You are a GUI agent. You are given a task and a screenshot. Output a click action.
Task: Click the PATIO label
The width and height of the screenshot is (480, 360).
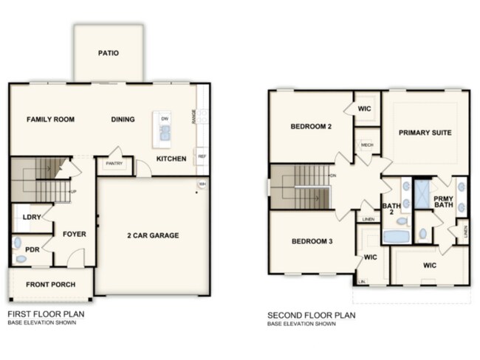pos(109,53)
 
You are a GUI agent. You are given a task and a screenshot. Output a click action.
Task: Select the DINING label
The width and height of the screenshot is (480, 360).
pos(123,120)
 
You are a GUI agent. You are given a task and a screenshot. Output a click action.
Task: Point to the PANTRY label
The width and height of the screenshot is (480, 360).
pos(114,164)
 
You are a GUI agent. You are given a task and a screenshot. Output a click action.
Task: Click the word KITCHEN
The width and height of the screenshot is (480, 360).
pos(171,159)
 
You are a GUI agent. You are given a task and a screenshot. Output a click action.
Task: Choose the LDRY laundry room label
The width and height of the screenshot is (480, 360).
pos(32,218)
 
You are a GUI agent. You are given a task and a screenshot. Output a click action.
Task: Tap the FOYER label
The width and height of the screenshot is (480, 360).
pos(74,235)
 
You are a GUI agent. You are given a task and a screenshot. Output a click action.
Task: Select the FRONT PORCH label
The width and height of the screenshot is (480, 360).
pos(49,285)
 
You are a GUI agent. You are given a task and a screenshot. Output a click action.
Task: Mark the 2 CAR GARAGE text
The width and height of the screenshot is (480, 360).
pos(153,236)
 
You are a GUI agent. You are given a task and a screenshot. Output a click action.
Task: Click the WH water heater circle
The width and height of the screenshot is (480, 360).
pos(201,184)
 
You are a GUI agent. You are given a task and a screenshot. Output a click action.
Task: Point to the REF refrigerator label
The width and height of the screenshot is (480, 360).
pos(201,157)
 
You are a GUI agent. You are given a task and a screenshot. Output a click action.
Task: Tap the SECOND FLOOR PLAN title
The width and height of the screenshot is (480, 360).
pos(311,314)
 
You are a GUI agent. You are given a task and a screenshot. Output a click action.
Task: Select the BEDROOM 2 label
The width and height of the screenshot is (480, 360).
pos(311,127)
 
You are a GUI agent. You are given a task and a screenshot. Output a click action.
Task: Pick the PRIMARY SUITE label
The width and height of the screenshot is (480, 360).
pos(425,133)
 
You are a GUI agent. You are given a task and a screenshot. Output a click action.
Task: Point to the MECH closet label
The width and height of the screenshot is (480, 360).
pos(366,145)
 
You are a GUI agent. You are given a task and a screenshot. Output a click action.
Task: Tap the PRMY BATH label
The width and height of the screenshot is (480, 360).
pos(444,204)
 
